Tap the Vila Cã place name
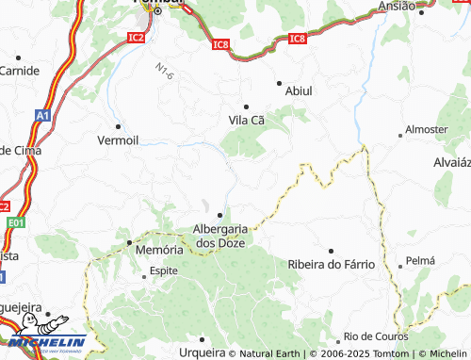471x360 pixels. pyautogui.click(x=248, y=120)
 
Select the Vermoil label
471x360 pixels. pyautogui.click(x=118, y=139)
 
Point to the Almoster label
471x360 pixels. pyautogui.click(x=426, y=129)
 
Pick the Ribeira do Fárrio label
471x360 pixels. pyautogui.click(x=332, y=265)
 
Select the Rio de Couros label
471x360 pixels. pyautogui.click(x=375, y=336)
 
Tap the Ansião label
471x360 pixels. pyautogui.click(x=396, y=6)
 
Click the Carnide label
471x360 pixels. pyautogui.click(x=19, y=71)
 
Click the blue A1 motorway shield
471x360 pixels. pyautogui.click(x=42, y=114)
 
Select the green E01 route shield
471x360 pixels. pyautogui.click(x=12, y=222)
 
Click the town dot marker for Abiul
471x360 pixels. pyautogui.click(x=279, y=83)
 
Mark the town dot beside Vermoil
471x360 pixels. pyautogui.click(x=118, y=125)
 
